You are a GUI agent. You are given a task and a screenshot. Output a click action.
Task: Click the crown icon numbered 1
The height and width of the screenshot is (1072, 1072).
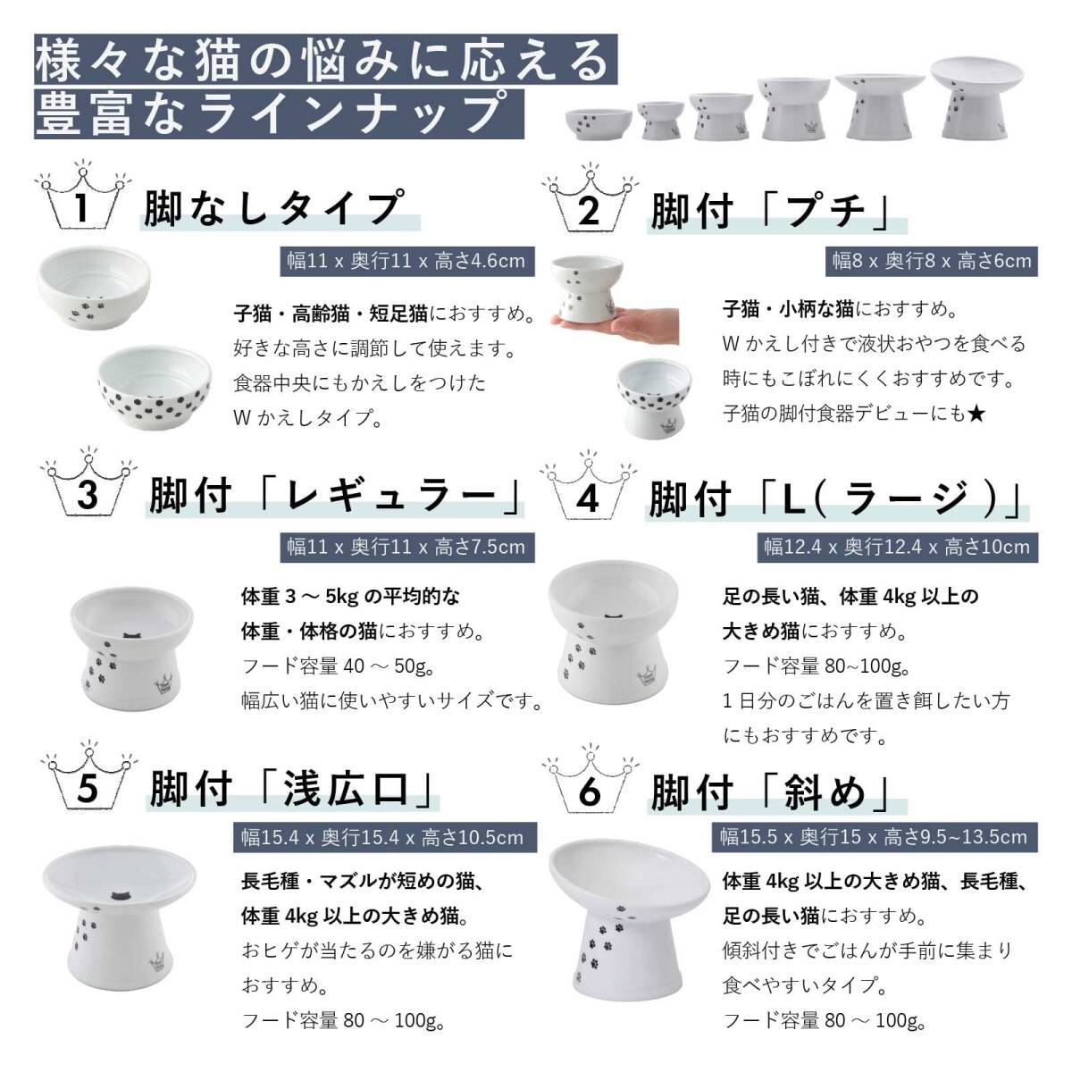pos(81,197)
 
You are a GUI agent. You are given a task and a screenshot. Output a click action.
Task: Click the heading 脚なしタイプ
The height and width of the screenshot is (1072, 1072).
pos(272,208)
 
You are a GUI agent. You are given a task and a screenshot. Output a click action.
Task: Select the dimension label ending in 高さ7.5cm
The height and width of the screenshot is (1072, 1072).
pos(406,546)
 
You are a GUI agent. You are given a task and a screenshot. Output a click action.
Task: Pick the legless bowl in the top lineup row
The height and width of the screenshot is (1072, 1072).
pos(597,121)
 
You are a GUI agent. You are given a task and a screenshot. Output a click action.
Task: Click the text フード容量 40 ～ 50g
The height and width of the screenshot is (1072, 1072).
pos(319,666)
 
